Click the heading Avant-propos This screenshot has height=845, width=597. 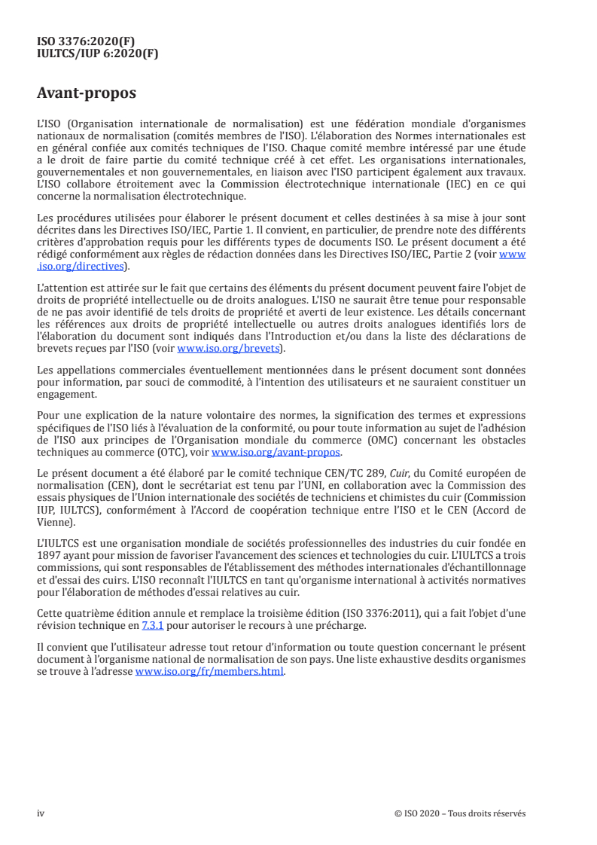(x=87, y=93)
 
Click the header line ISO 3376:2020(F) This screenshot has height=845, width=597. (x=86, y=41)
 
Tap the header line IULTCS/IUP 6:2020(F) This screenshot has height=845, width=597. (x=98, y=53)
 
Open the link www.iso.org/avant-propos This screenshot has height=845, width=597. (x=276, y=453)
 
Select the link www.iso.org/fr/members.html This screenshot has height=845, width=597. (x=209, y=672)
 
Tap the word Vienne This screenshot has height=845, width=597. (x=56, y=521)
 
